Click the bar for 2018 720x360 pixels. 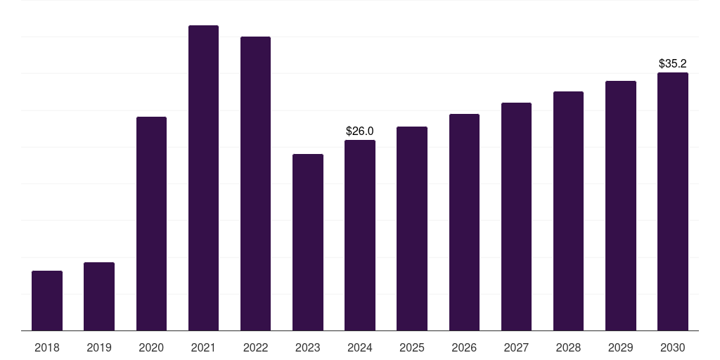47,300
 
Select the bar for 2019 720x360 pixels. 99,296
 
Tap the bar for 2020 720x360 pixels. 151,224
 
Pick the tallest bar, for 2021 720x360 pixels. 203,178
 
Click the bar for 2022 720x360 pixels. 255,184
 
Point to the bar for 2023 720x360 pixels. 308,242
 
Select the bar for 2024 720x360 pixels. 360,235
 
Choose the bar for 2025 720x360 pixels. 412,229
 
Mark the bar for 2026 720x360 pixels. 464,222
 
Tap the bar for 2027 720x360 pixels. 516,217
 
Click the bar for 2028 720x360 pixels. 568,211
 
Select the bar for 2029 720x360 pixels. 621,205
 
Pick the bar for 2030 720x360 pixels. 673,201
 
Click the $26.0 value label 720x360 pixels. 360,131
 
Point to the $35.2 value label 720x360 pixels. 673,63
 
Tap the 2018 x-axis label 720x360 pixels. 47,347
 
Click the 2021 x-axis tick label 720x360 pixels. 203,347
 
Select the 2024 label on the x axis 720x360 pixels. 360,347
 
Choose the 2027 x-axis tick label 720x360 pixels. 516,347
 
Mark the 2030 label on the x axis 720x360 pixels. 673,347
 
